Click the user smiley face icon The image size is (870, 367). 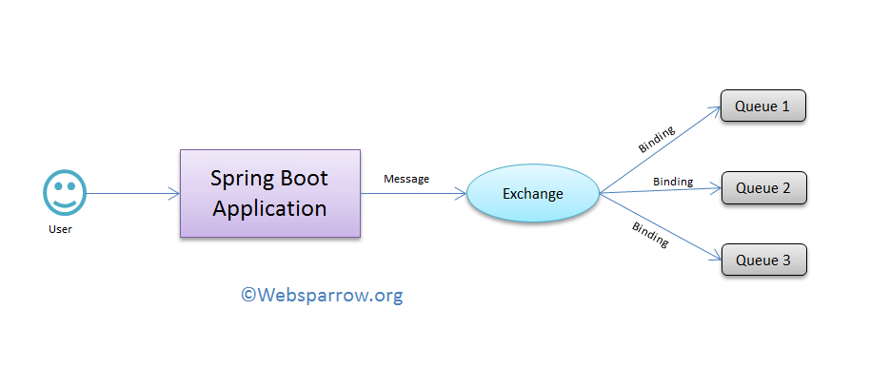coord(63,193)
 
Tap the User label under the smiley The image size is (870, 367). coord(60,229)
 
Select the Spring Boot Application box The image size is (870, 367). coord(270,193)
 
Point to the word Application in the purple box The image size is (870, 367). coord(270,208)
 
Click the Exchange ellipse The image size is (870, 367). coord(533,194)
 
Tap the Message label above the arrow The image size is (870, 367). coord(405,179)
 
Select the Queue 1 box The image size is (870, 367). coord(763,106)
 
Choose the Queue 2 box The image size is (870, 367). coord(763,188)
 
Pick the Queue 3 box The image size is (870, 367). coord(763,260)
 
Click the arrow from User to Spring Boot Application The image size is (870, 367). coord(133,194)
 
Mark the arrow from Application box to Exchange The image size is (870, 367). coord(414,194)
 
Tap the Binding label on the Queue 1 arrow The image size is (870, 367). coord(657,137)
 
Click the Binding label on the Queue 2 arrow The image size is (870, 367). coord(673,181)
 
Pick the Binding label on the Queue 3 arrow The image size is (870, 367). coord(650,235)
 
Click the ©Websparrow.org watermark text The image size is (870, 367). coord(322,296)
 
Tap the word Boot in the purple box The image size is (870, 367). coord(306,179)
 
